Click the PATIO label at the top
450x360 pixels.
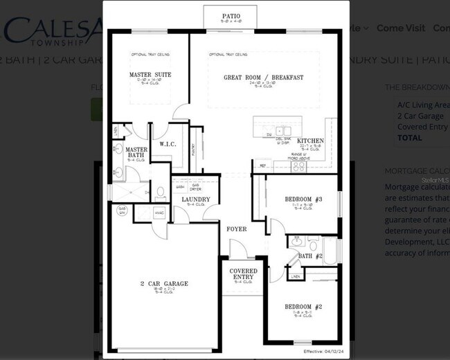click(x=231, y=15)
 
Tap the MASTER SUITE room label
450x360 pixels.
click(x=150, y=75)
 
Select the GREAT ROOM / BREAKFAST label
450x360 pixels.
click(x=263, y=78)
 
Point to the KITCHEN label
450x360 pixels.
click(x=309, y=141)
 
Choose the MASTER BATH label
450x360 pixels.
click(x=135, y=152)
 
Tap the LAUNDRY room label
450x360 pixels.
click(x=196, y=199)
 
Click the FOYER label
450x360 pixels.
click(x=237, y=228)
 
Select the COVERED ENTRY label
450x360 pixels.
click(x=243, y=274)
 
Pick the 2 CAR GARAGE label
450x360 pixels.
click(x=164, y=284)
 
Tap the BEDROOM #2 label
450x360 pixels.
click(x=303, y=306)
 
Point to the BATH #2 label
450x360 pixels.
click(x=310, y=256)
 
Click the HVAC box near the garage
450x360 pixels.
click(x=159, y=213)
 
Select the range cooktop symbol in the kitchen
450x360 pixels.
click(x=299, y=166)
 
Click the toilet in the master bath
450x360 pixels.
click(x=159, y=192)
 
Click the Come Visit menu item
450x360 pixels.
click(x=400, y=28)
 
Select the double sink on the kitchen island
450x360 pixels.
click(x=282, y=130)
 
